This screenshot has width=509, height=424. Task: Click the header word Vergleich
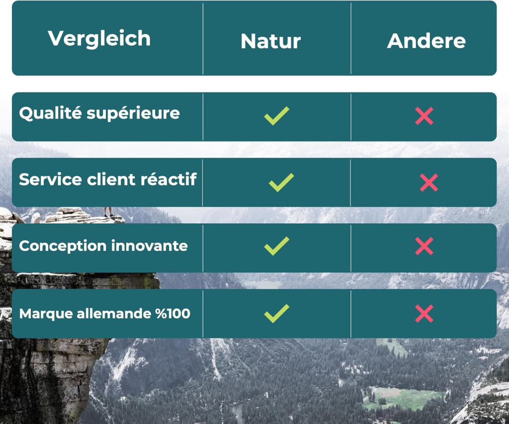[99, 39]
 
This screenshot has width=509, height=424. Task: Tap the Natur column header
[271, 41]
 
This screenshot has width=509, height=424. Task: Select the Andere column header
[426, 41]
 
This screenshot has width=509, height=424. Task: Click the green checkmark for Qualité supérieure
[276, 116]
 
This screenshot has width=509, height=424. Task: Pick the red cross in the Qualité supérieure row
[424, 116]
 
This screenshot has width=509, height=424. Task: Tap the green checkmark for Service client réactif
[281, 182]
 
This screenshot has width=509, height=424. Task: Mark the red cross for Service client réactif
[429, 182]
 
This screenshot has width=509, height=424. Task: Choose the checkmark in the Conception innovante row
[276, 246]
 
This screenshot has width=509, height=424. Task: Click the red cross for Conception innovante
[424, 246]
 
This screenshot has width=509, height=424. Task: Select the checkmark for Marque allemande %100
[276, 313]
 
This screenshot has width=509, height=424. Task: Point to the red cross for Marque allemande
[424, 314]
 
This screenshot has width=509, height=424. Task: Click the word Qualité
[50, 113]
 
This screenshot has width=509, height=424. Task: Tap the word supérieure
[133, 114]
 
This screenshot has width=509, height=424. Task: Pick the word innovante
[149, 246]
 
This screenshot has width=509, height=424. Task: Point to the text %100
[172, 314]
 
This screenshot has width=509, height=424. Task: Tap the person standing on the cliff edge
[108, 212]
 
